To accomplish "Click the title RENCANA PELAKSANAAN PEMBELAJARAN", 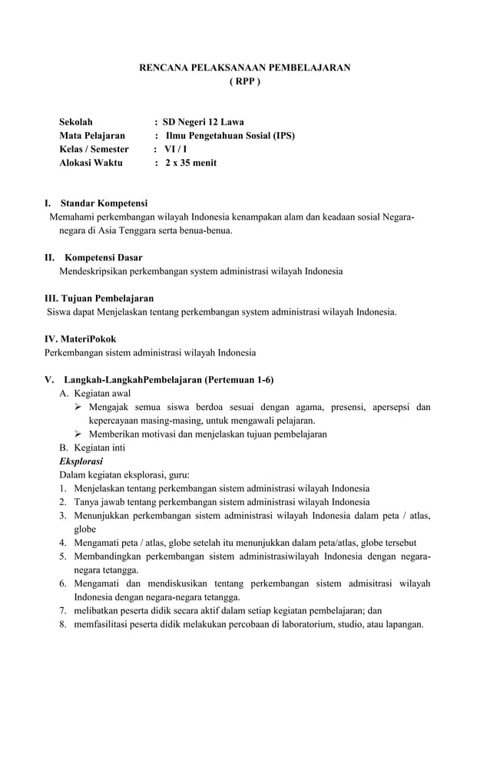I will (244, 68).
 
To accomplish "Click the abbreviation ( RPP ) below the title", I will (245, 81).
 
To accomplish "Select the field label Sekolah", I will (76, 121).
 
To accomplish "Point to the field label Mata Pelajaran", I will (92, 135).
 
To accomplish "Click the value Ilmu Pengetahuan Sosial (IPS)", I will (230, 135).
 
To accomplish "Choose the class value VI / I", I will (176, 149).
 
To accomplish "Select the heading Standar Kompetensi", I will (104, 203).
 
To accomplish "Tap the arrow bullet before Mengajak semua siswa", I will (78, 407).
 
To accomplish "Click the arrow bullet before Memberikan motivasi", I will (78, 435).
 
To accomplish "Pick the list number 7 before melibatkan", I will (62, 611).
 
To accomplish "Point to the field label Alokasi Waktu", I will (91, 163).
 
